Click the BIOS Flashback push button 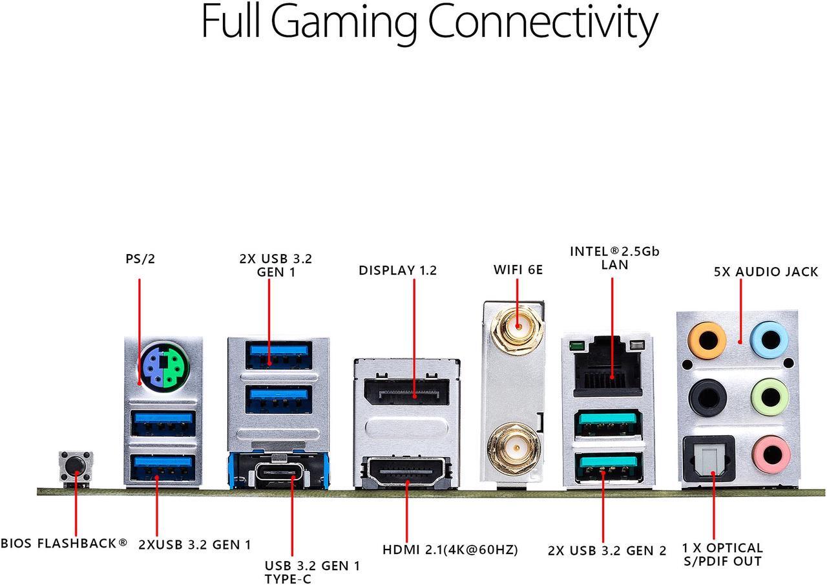(x=76, y=467)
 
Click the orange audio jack (x=706, y=340)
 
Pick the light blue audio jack (x=770, y=340)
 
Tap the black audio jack (x=707, y=398)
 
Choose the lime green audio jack (x=770, y=398)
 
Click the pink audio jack (x=771, y=455)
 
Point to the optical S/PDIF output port (x=708, y=459)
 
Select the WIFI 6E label (x=518, y=270)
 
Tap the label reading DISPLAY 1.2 (x=397, y=271)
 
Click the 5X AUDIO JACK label (x=766, y=272)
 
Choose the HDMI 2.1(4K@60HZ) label (x=450, y=550)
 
